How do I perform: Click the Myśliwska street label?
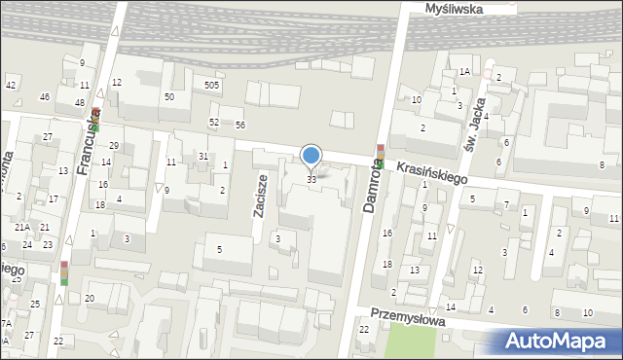coord(455,8)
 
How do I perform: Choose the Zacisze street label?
coord(261,196)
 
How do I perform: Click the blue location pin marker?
coord(311,156)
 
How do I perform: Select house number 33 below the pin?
coord(311,179)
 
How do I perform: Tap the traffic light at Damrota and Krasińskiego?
coord(380,156)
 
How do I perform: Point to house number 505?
coord(211,86)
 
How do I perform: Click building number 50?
coord(169,96)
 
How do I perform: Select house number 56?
coord(239,126)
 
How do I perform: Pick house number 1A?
coord(465,72)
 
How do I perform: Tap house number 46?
coord(44,97)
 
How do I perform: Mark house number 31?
coord(203,157)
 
